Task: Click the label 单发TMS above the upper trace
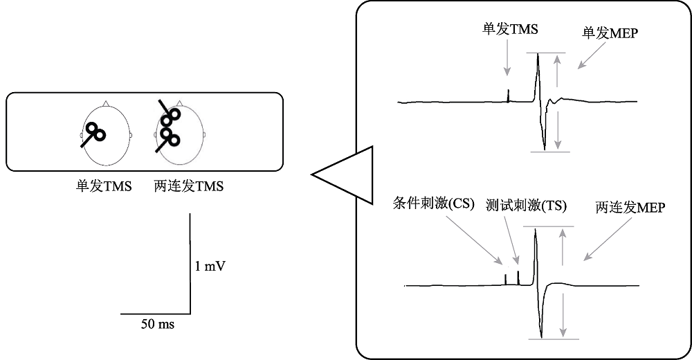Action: tap(510, 30)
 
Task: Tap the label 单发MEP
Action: tap(610, 33)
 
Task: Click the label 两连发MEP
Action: tap(630, 207)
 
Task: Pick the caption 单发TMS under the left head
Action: tap(104, 186)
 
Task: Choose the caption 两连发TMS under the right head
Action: tap(190, 186)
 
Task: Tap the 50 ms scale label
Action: tap(158, 324)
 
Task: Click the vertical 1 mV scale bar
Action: tap(190, 263)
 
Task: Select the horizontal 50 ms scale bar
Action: tap(156, 313)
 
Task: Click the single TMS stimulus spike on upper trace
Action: tap(508, 96)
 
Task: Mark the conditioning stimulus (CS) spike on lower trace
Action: tap(506, 279)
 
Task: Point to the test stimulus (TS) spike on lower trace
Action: tap(518, 277)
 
